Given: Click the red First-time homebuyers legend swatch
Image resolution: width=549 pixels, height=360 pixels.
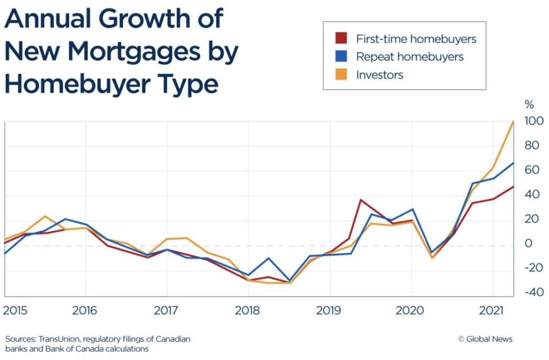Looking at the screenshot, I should coord(340,39).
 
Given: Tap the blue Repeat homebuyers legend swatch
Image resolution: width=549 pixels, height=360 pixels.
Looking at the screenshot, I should coord(340,56).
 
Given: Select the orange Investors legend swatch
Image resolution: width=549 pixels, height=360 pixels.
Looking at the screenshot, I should coord(340,74).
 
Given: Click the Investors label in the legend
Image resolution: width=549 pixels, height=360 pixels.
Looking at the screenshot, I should coord(380,75).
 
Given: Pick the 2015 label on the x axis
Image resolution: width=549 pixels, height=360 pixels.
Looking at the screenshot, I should coord(15,311).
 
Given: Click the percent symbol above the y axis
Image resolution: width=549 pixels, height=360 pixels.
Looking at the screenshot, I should coord(529,104).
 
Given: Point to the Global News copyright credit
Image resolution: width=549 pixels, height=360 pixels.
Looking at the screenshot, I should coord(485,339).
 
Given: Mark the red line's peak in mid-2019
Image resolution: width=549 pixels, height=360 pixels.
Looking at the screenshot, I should coord(361,200).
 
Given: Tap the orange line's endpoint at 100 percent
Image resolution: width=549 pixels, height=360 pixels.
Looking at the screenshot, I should coord(514,122).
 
